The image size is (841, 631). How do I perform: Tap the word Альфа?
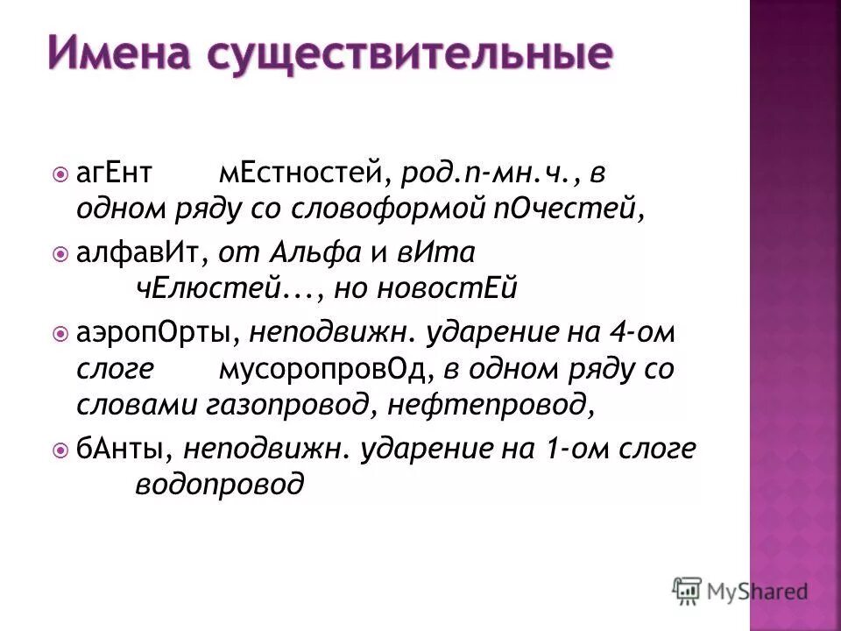pyautogui.click(x=314, y=252)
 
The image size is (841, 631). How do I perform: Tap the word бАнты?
pyautogui.click(x=128, y=449)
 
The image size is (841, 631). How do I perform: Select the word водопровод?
pyautogui.click(x=220, y=485)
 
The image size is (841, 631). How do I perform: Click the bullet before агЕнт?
pyautogui.click(x=60, y=174)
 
